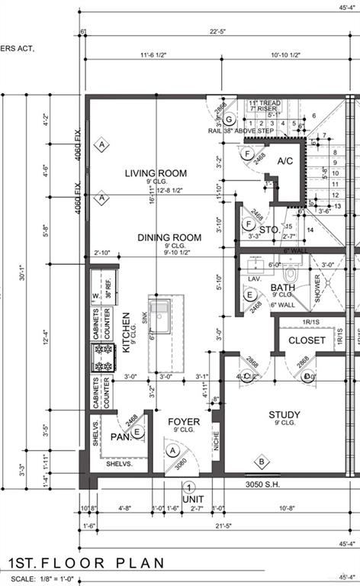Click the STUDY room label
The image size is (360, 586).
[284, 416]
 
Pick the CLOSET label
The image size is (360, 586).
[307, 340]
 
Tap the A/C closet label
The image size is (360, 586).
[285, 161]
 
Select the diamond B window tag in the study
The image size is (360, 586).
[261, 461]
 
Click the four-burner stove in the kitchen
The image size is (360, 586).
[102, 357]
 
